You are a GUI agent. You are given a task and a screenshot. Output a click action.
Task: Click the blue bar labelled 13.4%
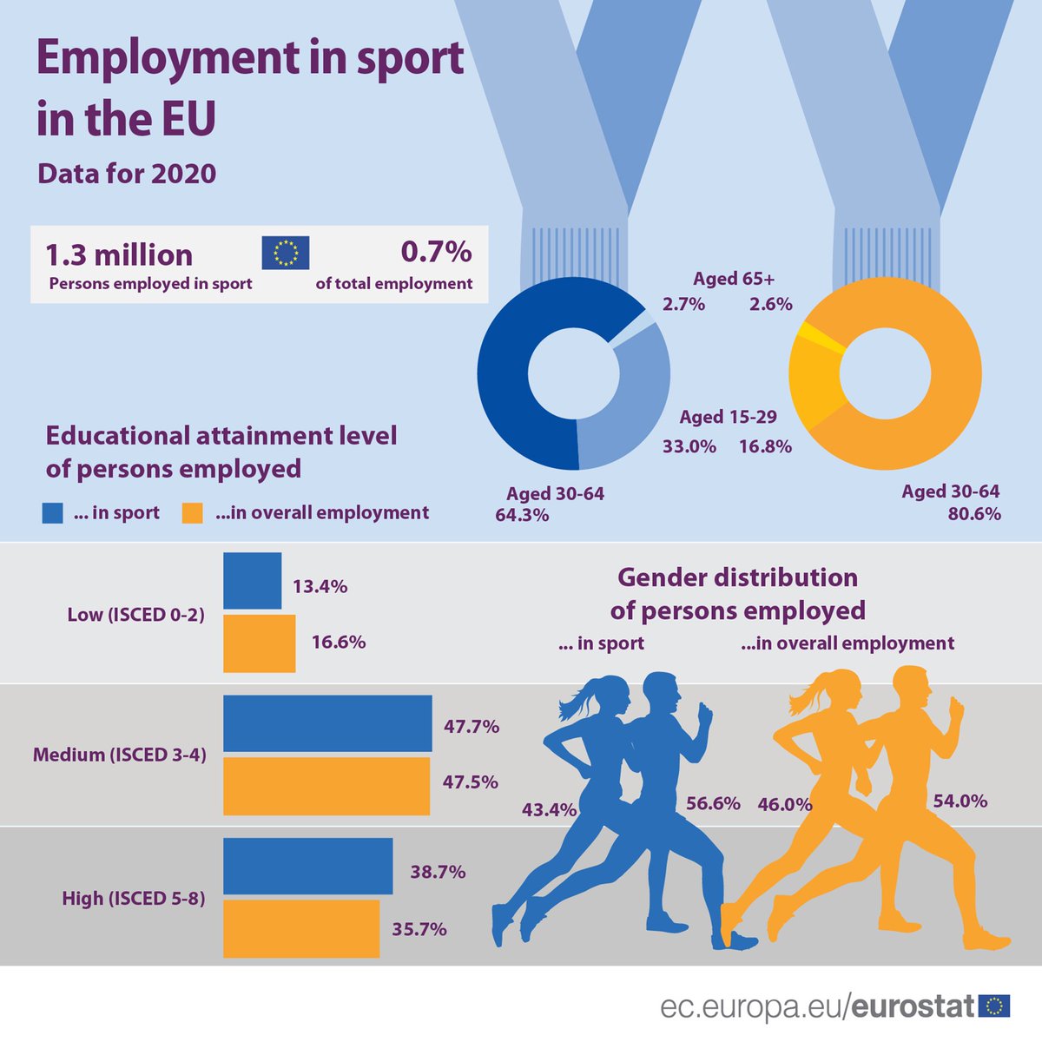[253, 581]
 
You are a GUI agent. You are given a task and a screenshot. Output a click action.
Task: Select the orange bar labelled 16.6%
[259, 643]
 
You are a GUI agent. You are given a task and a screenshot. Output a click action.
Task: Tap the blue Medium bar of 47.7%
[327, 723]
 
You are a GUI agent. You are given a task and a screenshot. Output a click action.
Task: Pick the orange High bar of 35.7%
[301, 928]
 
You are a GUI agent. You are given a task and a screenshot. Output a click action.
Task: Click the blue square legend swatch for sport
[53, 513]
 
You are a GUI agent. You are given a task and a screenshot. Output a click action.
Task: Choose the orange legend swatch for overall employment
[192, 513]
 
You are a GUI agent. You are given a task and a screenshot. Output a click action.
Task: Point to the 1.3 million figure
[119, 255]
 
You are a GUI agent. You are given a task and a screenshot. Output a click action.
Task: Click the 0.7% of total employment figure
[436, 252]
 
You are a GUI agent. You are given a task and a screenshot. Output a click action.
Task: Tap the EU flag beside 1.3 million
[286, 253]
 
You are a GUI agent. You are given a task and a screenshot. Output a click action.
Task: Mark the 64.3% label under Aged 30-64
[522, 515]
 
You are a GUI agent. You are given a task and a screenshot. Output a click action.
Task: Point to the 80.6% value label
[974, 514]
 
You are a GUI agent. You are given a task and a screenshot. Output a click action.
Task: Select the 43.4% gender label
[549, 810]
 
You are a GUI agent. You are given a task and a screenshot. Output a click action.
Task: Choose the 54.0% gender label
[960, 801]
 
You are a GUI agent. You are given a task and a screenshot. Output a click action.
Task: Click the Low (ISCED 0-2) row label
[135, 615]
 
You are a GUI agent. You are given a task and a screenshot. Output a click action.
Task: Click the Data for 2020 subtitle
[127, 174]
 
